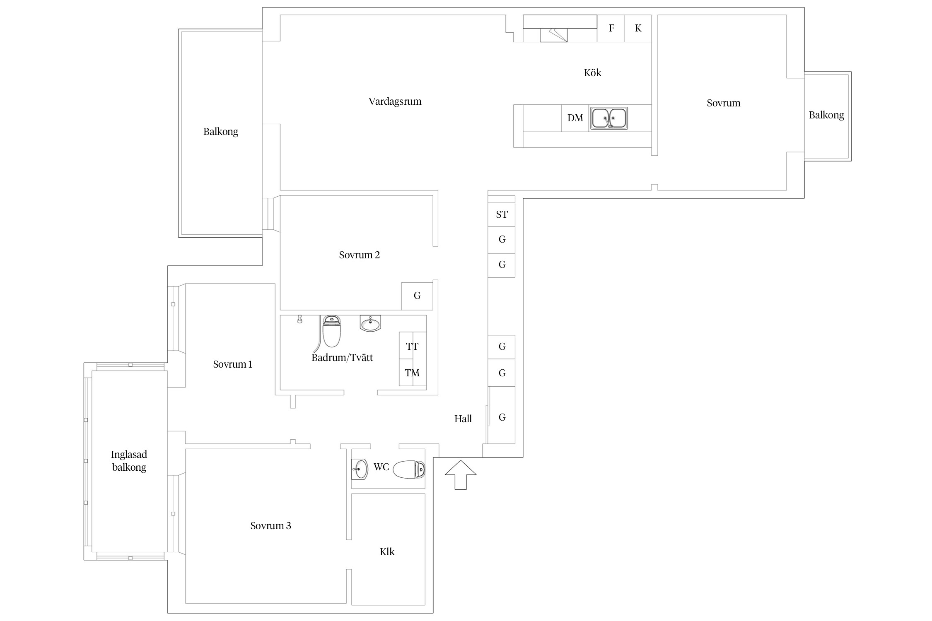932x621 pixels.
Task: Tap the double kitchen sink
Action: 608,118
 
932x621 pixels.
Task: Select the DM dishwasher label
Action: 575,118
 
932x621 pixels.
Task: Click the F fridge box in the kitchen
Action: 611,28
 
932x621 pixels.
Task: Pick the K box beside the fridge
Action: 638,28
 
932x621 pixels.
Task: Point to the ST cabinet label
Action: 502,214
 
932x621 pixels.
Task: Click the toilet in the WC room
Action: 409,469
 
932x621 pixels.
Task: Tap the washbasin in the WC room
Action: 360,469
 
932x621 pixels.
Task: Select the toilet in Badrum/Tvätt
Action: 331,331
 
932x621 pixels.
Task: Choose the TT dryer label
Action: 412,347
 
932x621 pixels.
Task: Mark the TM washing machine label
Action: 412,373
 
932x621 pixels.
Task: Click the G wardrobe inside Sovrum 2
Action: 417,296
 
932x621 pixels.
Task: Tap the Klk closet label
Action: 387,552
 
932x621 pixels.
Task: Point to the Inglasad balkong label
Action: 129,461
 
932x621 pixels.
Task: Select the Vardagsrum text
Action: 395,101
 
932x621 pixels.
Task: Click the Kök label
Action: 592,73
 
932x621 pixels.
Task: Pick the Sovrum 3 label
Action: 270,526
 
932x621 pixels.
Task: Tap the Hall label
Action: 463,419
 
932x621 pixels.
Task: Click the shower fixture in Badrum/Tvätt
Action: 300,319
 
